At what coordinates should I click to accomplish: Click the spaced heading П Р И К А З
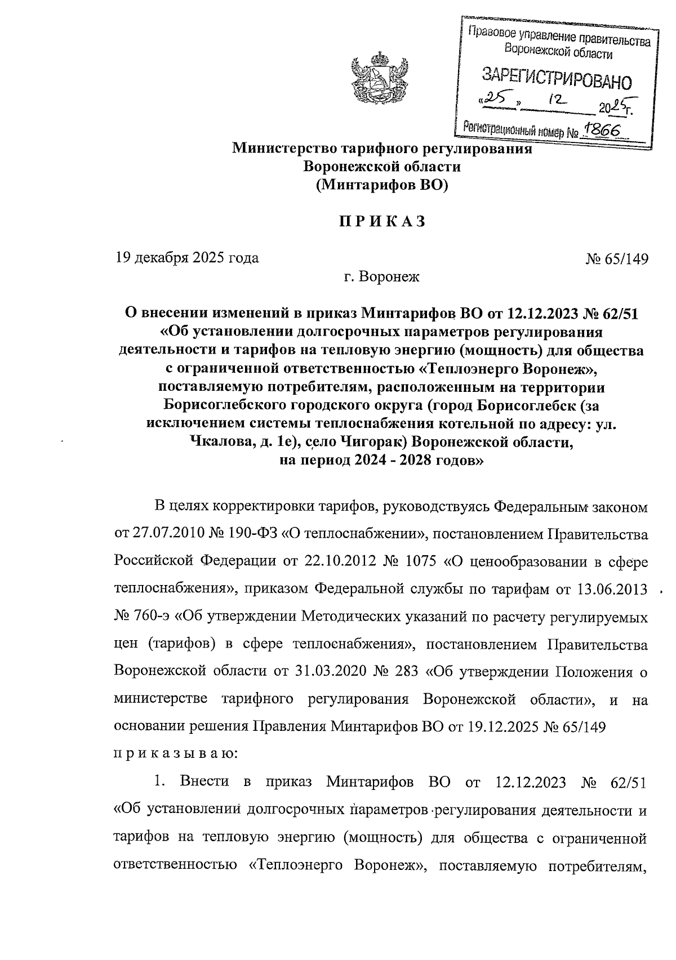tap(381, 221)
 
